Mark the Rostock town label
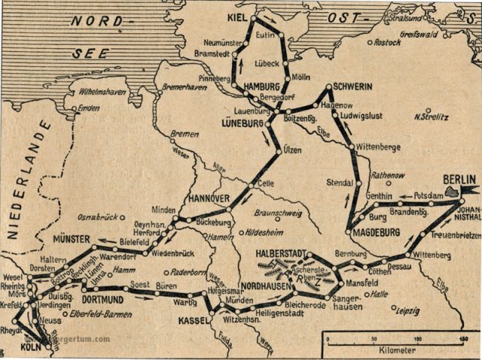click(387, 43)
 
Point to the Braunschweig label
click(280, 213)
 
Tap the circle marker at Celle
click(251, 183)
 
